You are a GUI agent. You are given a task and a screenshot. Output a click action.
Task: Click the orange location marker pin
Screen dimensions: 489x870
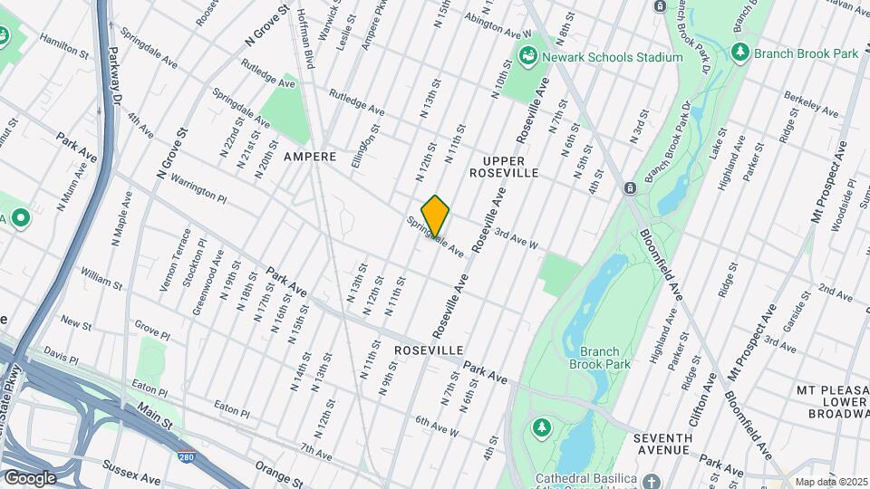(435, 216)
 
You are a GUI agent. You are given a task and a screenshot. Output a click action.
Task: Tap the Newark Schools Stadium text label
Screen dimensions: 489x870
(613, 57)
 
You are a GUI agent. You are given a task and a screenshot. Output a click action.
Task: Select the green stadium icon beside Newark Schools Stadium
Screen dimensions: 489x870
(527, 57)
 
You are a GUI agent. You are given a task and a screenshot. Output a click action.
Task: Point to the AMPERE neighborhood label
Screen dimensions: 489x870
(310, 157)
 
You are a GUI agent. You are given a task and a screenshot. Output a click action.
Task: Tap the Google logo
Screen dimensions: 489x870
(30, 477)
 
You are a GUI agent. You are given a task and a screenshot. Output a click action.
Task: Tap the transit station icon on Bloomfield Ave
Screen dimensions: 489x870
(629, 188)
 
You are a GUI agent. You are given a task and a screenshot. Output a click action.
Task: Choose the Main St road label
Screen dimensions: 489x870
(155, 420)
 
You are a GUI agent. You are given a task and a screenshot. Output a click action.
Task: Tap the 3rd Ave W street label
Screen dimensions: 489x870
(517, 240)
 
